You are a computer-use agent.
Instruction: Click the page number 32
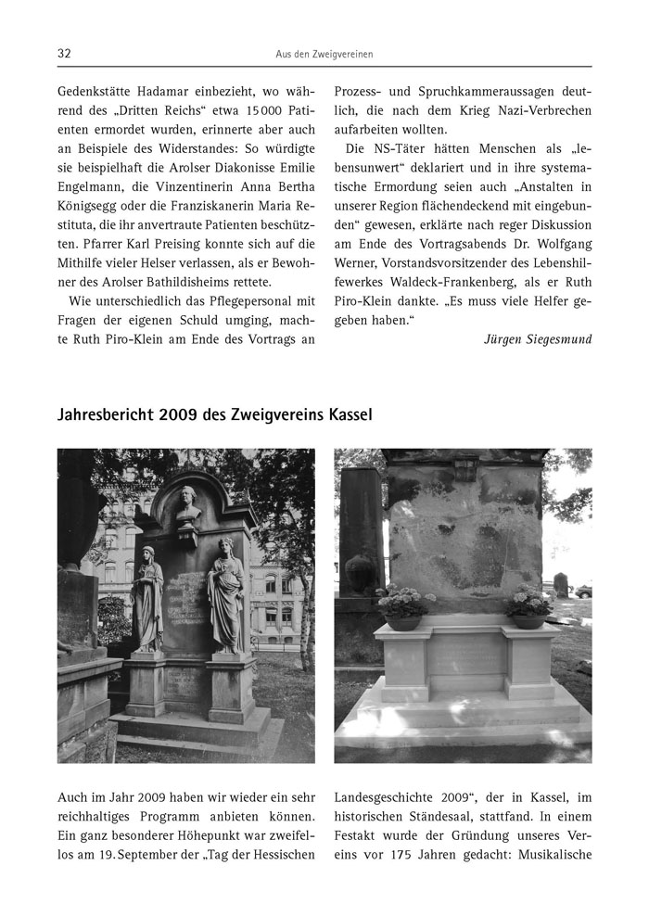[65, 54]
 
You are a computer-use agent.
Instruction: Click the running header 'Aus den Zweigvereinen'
[324, 55]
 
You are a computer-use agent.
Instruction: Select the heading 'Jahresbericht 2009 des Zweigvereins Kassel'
[215, 413]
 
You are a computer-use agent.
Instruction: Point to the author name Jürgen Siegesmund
[538, 339]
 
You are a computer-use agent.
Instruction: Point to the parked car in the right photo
[583, 591]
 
